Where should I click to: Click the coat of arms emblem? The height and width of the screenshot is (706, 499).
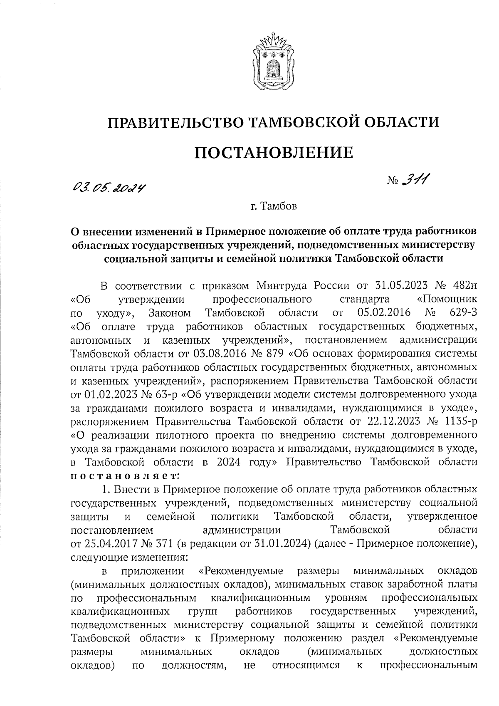(x=274, y=62)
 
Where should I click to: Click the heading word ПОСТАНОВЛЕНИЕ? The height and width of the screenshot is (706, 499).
(x=274, y=153)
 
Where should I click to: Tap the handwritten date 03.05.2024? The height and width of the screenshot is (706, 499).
(x=110, y=189)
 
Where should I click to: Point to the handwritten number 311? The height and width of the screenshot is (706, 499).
(x=416, y=180)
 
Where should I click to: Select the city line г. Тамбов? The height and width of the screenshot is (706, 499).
(x=274, y=206)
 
